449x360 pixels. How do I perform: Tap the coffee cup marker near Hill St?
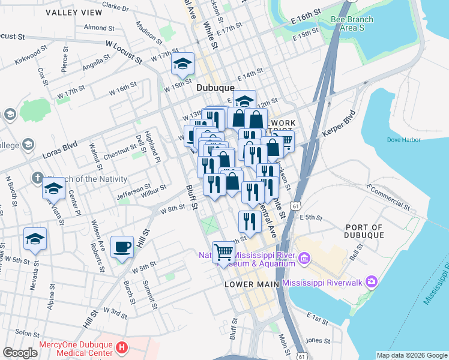click(122, 247)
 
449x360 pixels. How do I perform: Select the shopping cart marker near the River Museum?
click(223, 252)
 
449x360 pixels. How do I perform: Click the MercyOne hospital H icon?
click(122, 347)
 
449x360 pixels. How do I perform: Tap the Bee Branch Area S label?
click(352, 23)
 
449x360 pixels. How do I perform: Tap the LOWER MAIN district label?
click(252, 284)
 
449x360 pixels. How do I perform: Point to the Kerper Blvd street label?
click(343, 124)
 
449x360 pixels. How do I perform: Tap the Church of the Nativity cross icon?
click(37, 178)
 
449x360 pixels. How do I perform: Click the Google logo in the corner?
click(20, 353)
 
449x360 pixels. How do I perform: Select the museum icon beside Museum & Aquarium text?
click(304, 259)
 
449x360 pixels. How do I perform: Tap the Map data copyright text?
click(411, 355)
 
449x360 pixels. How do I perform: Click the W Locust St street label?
click(124, 52)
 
